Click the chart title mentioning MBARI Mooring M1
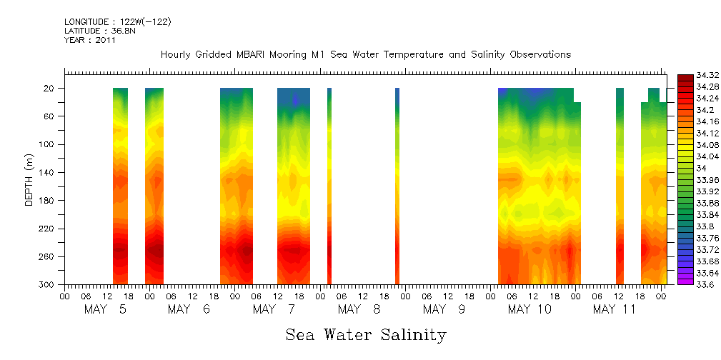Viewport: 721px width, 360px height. (366, 55)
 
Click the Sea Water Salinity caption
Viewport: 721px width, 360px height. (366, 334)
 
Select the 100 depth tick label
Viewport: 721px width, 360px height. (49, 144)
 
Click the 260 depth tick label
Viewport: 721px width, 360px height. (49, 256)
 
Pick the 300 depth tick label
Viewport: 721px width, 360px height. (49, 284)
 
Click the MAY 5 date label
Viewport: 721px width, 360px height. (104, 309)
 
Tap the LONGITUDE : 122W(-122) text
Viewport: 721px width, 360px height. (118, 21)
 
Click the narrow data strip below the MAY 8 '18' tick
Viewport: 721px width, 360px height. (397, 186)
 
